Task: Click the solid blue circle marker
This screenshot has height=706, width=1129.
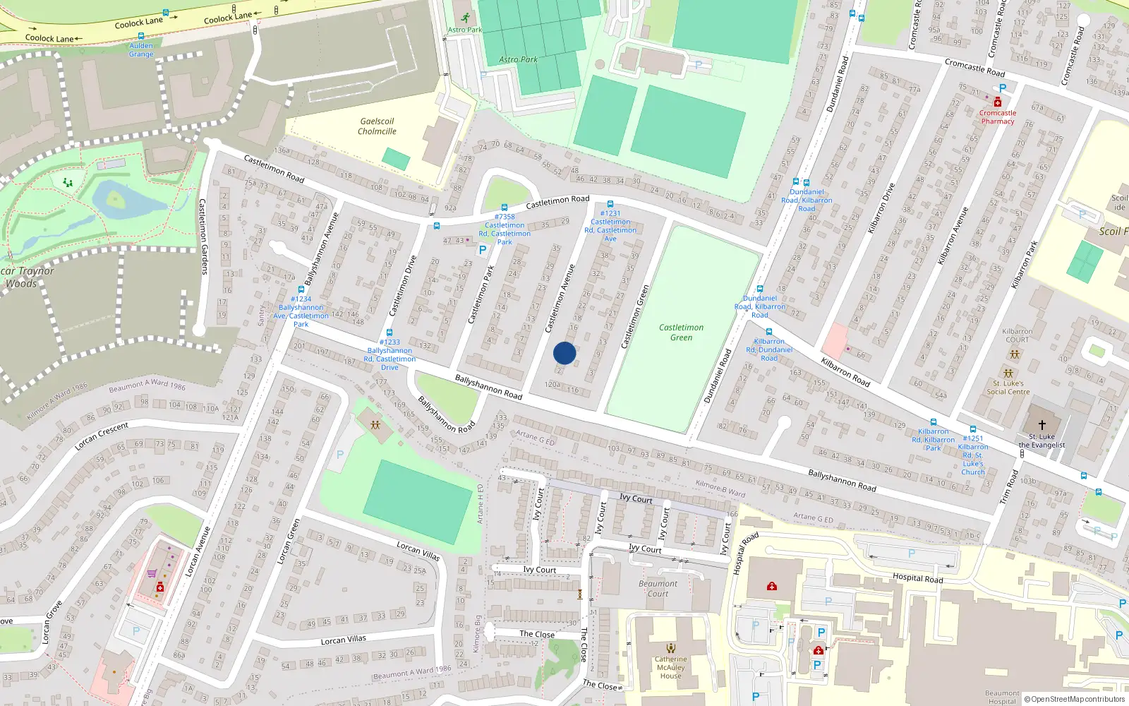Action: (x=564, y=353)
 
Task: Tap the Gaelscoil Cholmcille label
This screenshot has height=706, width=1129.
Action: (x=377, y=126)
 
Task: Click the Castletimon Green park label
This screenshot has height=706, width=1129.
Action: (x=681, y=333)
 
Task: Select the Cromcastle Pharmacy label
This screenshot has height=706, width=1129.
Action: (x=997, y=117)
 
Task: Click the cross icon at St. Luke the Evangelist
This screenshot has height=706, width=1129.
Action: (x=1042, y=425)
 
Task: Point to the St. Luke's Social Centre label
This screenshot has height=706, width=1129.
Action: (x=1008, y=388)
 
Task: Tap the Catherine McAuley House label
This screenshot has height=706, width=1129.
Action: (x=670, y=667)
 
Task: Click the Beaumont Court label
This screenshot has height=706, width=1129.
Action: (x=658, y=589)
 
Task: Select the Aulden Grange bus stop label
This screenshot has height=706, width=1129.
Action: (x=141, y=49)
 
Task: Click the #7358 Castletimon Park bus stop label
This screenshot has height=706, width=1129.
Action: (x=505, y=229)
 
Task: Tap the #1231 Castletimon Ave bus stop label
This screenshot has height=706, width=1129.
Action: (x=610, y=226)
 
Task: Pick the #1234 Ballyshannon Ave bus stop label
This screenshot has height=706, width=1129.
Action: (x=301, y=311)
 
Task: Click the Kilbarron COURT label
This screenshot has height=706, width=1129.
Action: (x=1017, y=335)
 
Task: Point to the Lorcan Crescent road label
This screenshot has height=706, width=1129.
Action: (x=102, y=436)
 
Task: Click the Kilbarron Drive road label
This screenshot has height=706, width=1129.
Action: (x=881, y=208)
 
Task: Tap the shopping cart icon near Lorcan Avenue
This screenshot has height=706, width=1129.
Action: (x=152, y=573)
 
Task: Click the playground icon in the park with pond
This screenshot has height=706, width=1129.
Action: (x=68, y=183)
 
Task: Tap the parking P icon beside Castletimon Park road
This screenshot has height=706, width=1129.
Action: (x=483, y=250)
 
